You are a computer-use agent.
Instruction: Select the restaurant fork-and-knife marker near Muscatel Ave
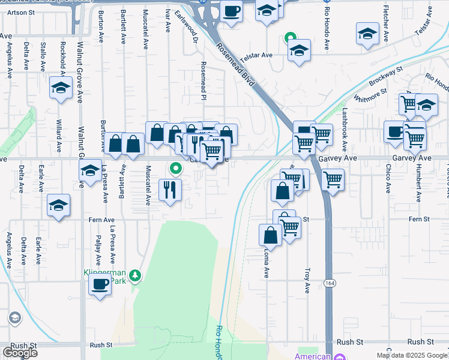[170, 190]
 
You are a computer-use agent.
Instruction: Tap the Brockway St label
[385, 76]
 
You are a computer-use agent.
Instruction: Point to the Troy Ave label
[307, 280]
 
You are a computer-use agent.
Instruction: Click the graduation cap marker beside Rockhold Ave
[60, 89]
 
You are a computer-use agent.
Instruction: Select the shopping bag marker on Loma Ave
[270, 235]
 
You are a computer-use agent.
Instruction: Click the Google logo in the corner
[20, 353]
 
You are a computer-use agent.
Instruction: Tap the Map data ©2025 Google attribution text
[412, 355]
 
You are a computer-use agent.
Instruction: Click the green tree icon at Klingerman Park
[136, 275]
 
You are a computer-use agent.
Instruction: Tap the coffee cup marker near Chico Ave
[394, 131]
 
